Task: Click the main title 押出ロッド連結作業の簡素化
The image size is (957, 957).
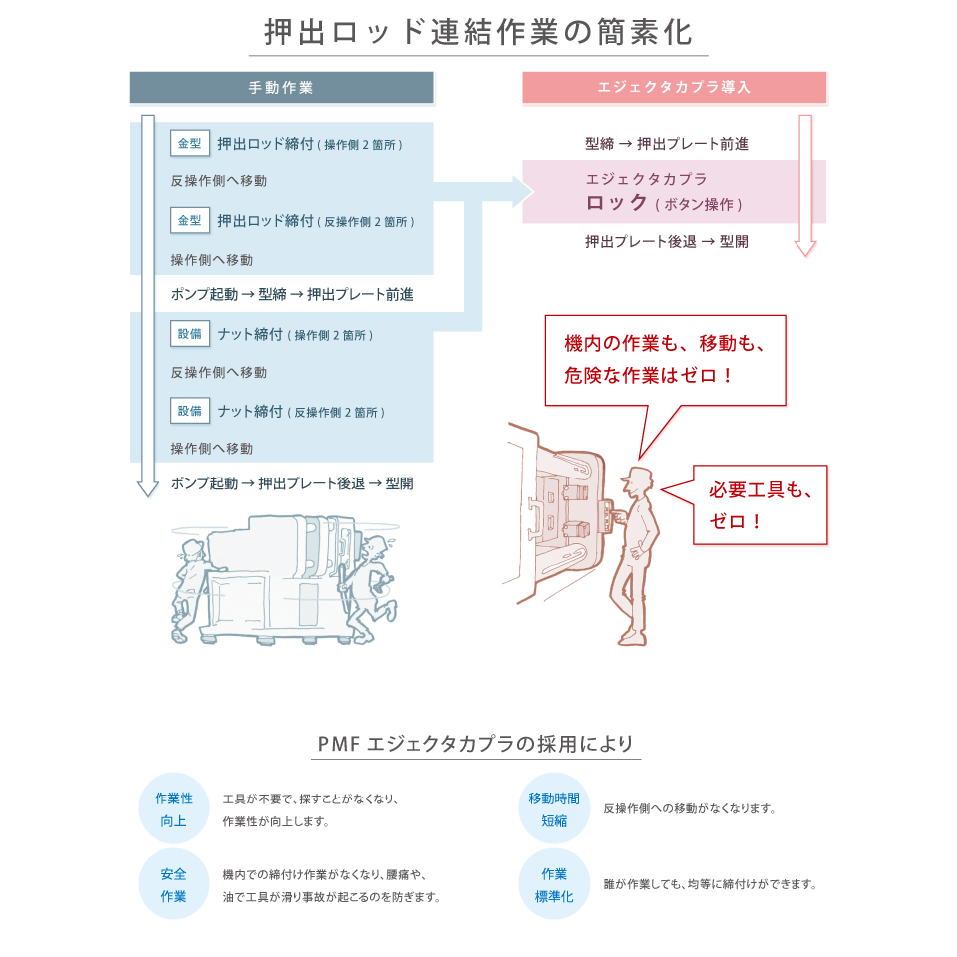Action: (x=478, y=32)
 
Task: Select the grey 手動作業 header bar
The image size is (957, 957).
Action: (x=281, y=88)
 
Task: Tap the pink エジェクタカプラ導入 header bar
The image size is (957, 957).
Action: (x=675, y=88)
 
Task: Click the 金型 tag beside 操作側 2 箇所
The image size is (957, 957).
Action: (x=190, y=143)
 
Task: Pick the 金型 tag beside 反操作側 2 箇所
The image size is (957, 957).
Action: (x=190, y=220)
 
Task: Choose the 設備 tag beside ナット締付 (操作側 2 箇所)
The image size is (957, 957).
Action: (x=190, y=334)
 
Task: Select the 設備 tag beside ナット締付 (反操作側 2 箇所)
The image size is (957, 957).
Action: (x=190, y=411)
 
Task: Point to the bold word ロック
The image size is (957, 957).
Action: (x=616, y=202)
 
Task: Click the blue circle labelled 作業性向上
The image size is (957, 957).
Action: (x=173, y=808)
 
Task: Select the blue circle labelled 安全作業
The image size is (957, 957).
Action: (x=173, y=884)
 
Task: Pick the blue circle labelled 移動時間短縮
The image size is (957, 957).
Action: (x=554, y=808)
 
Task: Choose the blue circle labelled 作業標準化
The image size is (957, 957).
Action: (x=554, y=884)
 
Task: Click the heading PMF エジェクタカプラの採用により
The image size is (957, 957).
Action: (x=476, y=744)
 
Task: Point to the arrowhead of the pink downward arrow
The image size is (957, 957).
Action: (x=805, y=247)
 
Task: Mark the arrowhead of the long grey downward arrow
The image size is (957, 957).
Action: (x=148, y=488)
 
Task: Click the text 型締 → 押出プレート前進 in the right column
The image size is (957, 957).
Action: (x=667, y=144)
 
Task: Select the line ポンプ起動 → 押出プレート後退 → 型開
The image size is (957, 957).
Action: (x=292, y=483)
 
